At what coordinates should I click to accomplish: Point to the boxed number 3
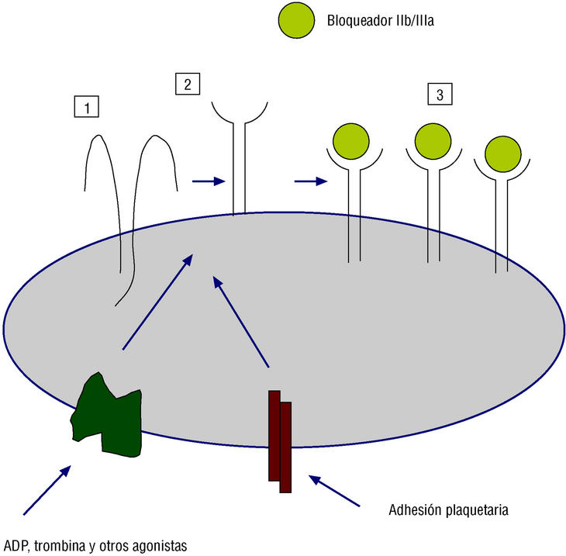[x=440, y=95]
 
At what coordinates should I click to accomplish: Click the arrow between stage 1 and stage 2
[x=208, y=181]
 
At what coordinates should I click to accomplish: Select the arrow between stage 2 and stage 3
[x=310, y=182]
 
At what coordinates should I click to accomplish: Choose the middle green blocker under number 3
[x=433, y=141]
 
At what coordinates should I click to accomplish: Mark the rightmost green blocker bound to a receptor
[x=502, y=155]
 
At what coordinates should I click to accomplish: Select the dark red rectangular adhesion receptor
[x=279, y=440]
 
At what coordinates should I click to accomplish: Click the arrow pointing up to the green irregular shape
[x=47, y=489]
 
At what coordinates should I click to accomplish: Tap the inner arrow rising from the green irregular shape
[x=155, y=302]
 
